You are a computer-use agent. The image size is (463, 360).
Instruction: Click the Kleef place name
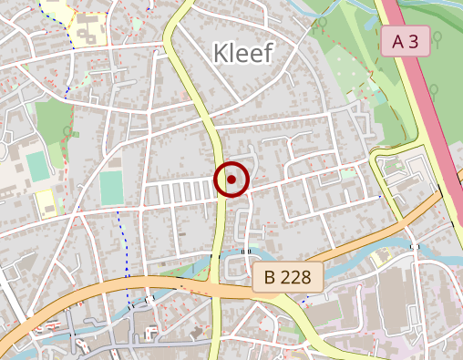click(x=242, y=53)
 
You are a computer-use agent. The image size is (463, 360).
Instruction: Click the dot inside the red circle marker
click(x=232, y=180)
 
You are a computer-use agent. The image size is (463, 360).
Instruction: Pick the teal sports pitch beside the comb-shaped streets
click(x=111, y=188)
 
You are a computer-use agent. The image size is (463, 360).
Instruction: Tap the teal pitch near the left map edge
click(x=37, y=167)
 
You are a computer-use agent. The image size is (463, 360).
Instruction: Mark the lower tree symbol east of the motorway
click(x=435, y=90)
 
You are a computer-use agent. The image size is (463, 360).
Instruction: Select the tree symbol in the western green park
click(x=67, y=132)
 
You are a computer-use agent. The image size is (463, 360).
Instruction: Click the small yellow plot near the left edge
click(x=46, y=202)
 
